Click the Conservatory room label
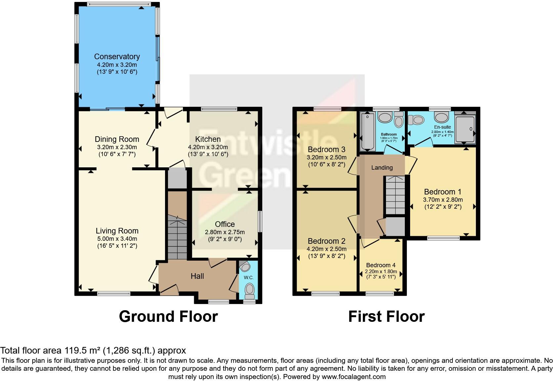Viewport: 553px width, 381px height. [117, 57]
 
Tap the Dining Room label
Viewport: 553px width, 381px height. [117, 139]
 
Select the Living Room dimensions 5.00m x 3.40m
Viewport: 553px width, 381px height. [117, 239]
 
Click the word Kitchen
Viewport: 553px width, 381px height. [208, 139]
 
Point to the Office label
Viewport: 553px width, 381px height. [225, 224]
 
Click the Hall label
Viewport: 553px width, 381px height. [197, 276]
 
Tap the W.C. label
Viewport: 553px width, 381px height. [249, 277]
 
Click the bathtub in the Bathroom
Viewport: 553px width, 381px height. [367, 131]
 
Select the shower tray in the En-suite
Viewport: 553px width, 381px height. [465, 129]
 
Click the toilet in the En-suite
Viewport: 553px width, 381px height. [416, 120]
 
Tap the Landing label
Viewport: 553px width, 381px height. [382, 168]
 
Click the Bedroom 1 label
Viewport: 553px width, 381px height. [443, 192]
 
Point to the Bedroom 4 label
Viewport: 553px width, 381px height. [381, 265]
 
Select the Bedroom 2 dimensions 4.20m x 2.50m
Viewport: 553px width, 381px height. [326, 249]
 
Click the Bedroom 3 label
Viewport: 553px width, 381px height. [326, 149]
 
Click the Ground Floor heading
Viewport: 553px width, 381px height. [168, 317]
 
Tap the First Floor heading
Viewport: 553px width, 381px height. [386, 317]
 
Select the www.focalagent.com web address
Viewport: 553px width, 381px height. [354, 377]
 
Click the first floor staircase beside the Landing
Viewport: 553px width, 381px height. [395, 195]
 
